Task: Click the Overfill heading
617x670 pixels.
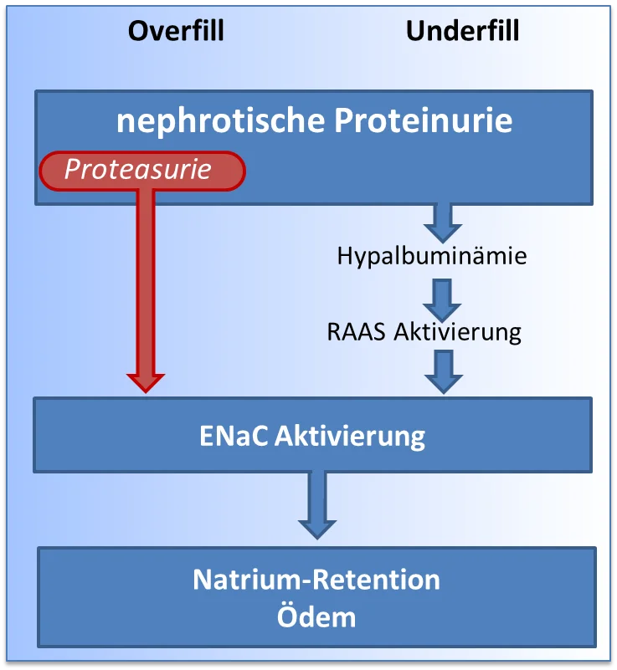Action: pyautogui.click(x=176, y=31)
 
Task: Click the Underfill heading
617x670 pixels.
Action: pyautogui.click(x=463, y=31)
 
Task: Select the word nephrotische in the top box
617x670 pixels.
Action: pyautogui.click(x=221, y=121)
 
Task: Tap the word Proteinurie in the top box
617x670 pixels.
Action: pyautogui.click(x=424, y=120)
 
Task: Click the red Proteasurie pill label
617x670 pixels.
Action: pyautogui.click(x=142, y=171)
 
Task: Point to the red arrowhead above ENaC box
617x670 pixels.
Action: pyautogui.click(x=146, y=383)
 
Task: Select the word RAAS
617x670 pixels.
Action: pyautogui.click(x=356, y=332)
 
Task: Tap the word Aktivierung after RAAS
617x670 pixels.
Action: pyautogui.click(x=457, y=333)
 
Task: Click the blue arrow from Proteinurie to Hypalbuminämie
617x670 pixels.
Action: pyautogui.click(x=443, y=223)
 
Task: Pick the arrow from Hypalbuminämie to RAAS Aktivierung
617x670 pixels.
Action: pyautogui.click(x=442, y=299)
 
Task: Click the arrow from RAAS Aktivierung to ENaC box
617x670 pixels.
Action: pyautogui.click(x=444, y=371)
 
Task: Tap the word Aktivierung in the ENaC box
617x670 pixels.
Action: pyautogui.click(x=350, y=437)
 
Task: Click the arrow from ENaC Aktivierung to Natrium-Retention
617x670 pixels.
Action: pyautogui.click(x=317, y=504)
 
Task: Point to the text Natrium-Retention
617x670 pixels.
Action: pyautogui.click(x=316, y=580)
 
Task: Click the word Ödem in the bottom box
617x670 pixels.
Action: pyautogui.click(x=316, y=616)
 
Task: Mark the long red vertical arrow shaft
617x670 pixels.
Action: pyautogui.click(x=146, y=282)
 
